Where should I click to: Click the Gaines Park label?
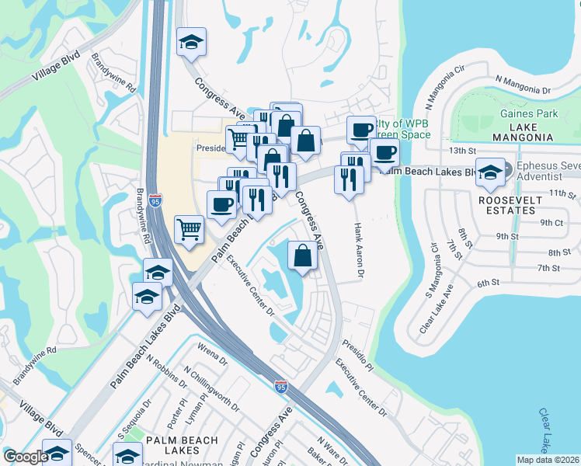tap(530, 113)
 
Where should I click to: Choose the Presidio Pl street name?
tap(358, 357)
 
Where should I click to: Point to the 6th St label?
tap(487, 283)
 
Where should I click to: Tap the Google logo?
tap(26, 457)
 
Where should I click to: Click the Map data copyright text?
tap(548, 460)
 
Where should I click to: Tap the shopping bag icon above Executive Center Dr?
tap(303, 256)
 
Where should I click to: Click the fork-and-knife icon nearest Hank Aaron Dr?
tap(345, 179)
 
